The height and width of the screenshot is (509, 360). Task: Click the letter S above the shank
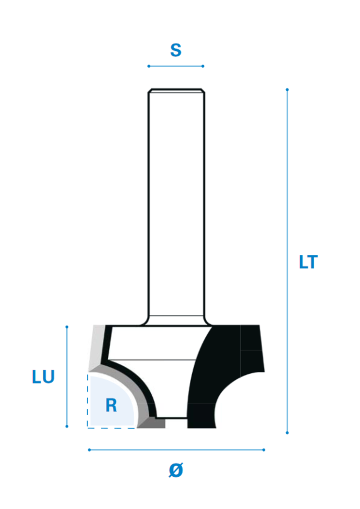(x=176, y=50)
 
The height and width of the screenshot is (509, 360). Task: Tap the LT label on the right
(x=308, y=262)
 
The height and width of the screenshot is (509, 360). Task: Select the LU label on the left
(x=43, y=377)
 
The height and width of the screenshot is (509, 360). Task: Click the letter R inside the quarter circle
(x=111, y=405)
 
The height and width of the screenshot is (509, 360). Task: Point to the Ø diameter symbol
(x=176, y=470)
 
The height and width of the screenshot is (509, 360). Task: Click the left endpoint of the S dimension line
(x=149, y=66)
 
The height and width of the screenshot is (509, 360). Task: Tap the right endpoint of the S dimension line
(x=203, y=66)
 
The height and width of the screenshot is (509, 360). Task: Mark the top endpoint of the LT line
(x=287, y=90)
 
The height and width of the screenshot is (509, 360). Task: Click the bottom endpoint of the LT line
(x=287, y=433)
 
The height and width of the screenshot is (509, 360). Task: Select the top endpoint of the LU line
(x=67, y=327)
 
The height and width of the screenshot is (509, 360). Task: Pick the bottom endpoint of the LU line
(x=67, y=426)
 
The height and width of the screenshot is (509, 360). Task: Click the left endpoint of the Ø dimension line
(x=89, y=450)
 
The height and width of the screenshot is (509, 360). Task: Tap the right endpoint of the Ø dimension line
(x=264, y=450)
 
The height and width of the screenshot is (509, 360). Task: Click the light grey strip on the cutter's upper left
(x=96, y=347)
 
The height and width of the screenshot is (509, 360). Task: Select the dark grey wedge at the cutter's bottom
(x=152, y=423)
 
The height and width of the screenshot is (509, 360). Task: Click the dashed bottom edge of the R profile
(x=111, y=428)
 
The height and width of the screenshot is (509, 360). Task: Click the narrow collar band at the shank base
(x=176, y=320)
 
